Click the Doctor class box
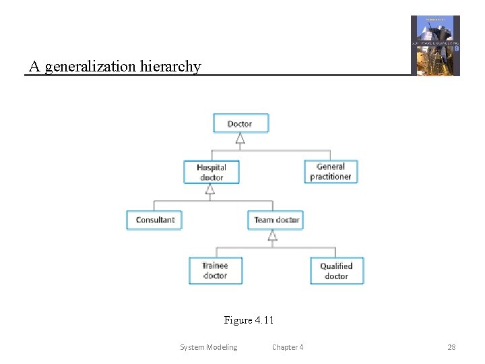click(x=240, y=123)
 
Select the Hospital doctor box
click(x=211, y=172)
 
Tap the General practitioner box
click(x=330, y=171)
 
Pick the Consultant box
click(x=154, y=220)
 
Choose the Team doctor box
click(x=276, y=220)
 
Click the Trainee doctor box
click(x=215, y=270)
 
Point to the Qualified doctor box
click(x=336, y=270)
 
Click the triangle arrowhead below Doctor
click(x=240, y=139)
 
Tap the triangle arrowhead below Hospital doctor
click(x=210, y=189)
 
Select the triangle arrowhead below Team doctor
click(x=273, y=235)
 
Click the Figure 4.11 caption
click(x=249, y=320)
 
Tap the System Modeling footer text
click(x=208, y=347)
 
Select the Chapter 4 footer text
click(x=288, y=347)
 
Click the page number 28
click(x=451, y=347)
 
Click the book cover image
click(x=435, y=45)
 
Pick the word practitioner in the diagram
click(x=330, y=177)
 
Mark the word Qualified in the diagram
click(x=336, y=266)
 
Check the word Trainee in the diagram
click(x=215, y=266)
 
